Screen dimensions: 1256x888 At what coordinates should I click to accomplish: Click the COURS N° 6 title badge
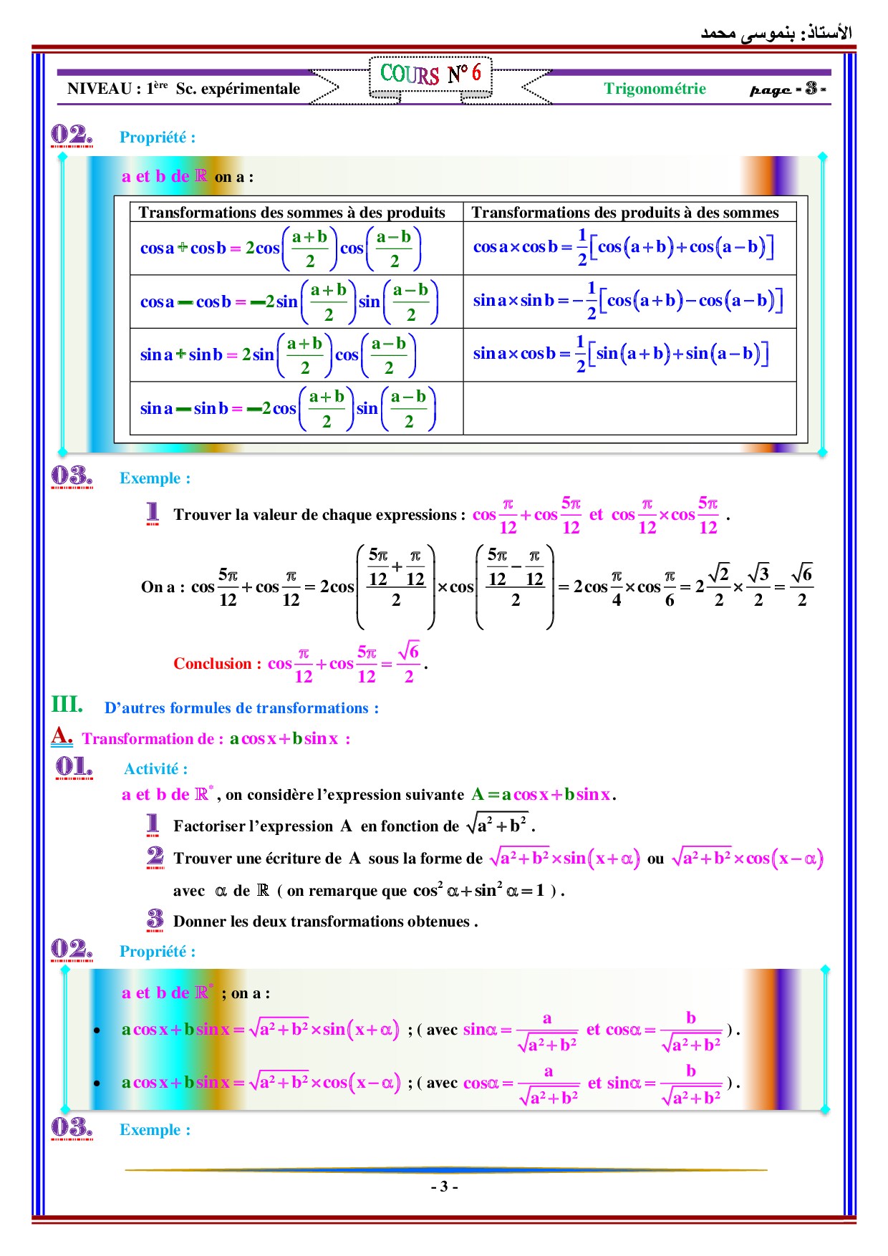(x=430, y=74)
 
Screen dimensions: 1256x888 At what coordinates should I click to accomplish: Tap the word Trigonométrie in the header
(x=655, y=89)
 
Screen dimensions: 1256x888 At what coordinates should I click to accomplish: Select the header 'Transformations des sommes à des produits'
(x=291, y=213)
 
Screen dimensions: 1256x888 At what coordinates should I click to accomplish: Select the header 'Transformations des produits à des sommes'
(x=624, y=213)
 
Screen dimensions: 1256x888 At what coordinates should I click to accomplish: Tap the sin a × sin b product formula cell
(x=628, y=301)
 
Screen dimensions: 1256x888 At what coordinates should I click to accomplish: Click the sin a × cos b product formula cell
(x=621, y=354)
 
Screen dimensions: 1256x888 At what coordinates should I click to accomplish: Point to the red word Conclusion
(x=212, y=664)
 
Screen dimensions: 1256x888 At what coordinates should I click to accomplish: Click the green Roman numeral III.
(x=67, y=705)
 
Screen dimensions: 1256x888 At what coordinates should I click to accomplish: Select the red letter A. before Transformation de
(x=62, y=736)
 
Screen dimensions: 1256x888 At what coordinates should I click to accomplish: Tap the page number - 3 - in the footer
(x=444, y=1187)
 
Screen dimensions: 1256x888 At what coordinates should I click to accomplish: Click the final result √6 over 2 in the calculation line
(x=802, y=586)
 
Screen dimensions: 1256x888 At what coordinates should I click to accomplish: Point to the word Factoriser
(x=209, y=826)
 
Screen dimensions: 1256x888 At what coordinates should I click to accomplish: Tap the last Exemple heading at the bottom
(x=155, y=1130)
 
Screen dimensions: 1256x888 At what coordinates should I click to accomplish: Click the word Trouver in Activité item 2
(x=201, y=859)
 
